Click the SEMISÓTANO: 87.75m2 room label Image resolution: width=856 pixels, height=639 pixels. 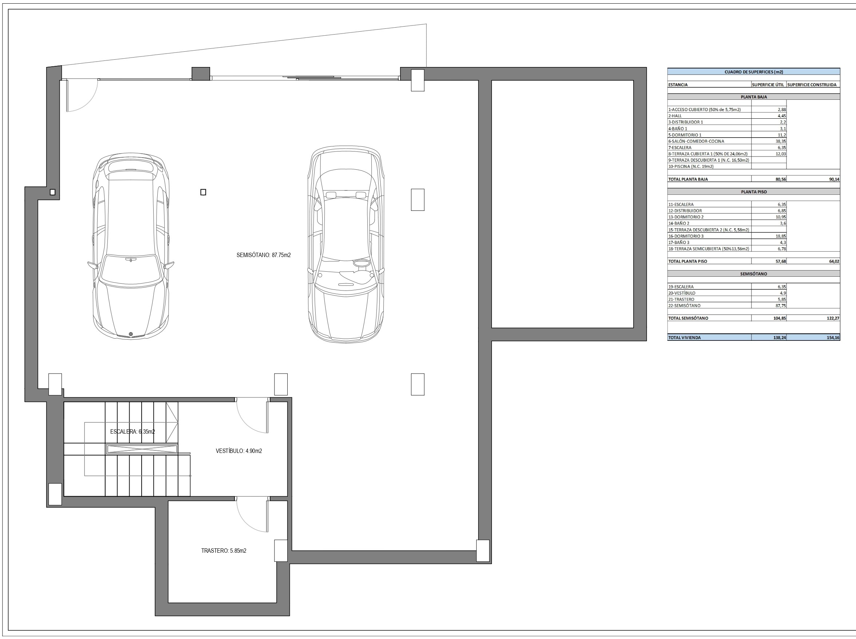(263, 255)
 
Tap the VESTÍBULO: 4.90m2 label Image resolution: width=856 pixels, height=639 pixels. (238, 451)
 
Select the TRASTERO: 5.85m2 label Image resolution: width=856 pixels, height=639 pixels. (224, 551)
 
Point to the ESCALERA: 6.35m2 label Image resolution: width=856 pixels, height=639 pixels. (132, 432)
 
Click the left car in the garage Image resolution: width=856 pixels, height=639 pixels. (131, 246)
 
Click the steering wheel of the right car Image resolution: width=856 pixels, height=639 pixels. (361, 263)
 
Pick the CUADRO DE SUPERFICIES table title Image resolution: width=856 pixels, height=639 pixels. (753, 72)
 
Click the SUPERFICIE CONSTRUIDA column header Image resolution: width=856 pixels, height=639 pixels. (812, 85)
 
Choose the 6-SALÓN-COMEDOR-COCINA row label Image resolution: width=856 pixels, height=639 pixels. (696, 141)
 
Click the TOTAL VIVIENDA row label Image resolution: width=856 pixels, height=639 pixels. (684, 338)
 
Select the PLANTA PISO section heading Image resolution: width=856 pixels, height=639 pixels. (753, 192)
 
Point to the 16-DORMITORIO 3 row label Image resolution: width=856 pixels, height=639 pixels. (686, 236)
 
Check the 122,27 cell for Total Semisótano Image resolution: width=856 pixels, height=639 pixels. (833, 318)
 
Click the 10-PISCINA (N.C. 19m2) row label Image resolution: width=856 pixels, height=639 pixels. (691, 167)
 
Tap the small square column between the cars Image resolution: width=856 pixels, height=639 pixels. (203, 192)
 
